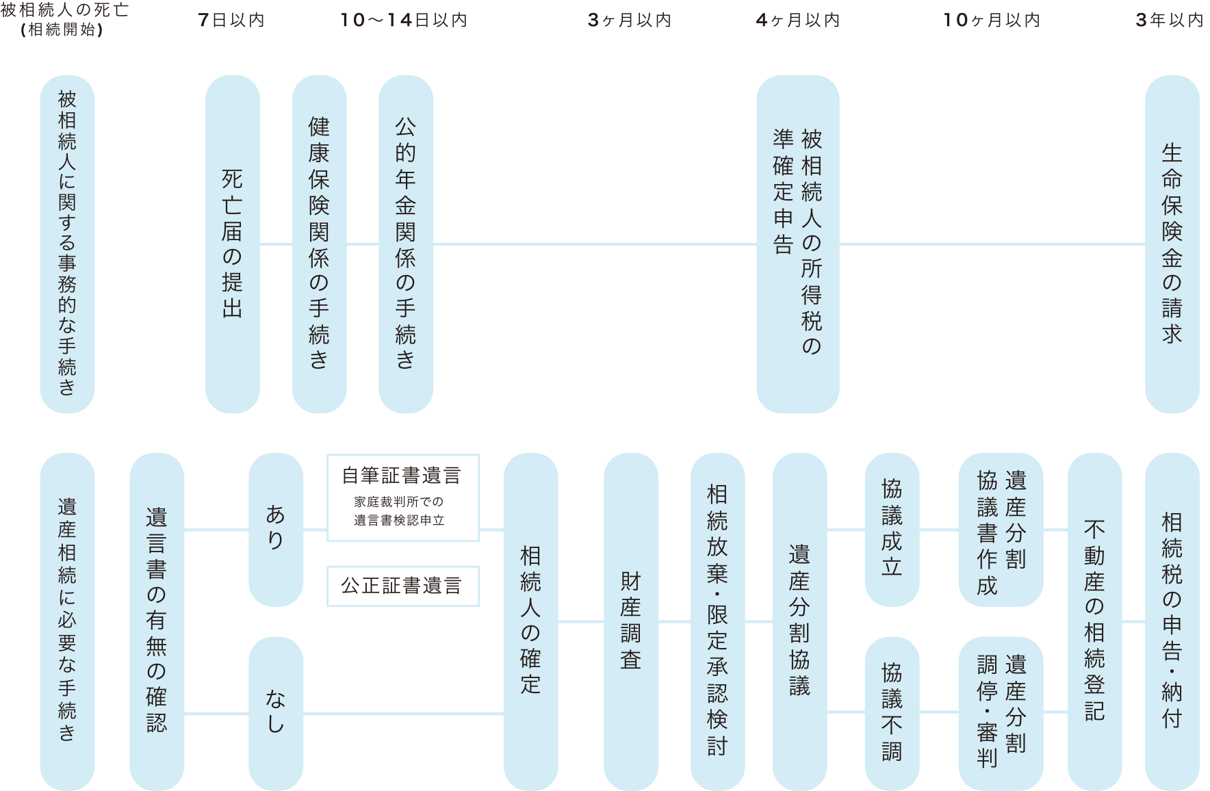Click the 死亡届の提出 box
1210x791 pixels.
(x=233, y=244)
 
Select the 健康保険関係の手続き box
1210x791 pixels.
(x=319, y=244)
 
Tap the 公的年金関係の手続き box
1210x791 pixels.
(x=406, y=244)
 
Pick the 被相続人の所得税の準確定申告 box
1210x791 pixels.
(x=797, y=244)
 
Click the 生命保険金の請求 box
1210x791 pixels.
(x=1172, y=244)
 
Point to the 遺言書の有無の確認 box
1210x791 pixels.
(x=157, y=621)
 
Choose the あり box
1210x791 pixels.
(x=276, y=530)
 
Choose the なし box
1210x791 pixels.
(x=276, y=713)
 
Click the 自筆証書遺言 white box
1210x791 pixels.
(x=403, y=497)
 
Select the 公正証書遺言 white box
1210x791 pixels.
(x=403, y=586)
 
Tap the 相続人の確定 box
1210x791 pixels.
(x=530, y=621)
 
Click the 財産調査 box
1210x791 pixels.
(x=631, y=621)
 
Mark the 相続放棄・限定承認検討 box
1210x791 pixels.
(x=717, y=621)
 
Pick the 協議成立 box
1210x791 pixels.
(x=892, y=530)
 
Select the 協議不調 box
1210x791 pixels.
(x=892, y=713)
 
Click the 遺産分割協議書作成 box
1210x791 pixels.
(x=1001, y=530)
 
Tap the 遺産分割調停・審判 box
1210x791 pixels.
(x=1001, y=713)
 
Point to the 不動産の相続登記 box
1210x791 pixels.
(x=1094, y=621)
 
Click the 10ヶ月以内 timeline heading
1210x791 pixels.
(x=991, y=21)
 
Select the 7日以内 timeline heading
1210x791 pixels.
(x=231, y=21)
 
